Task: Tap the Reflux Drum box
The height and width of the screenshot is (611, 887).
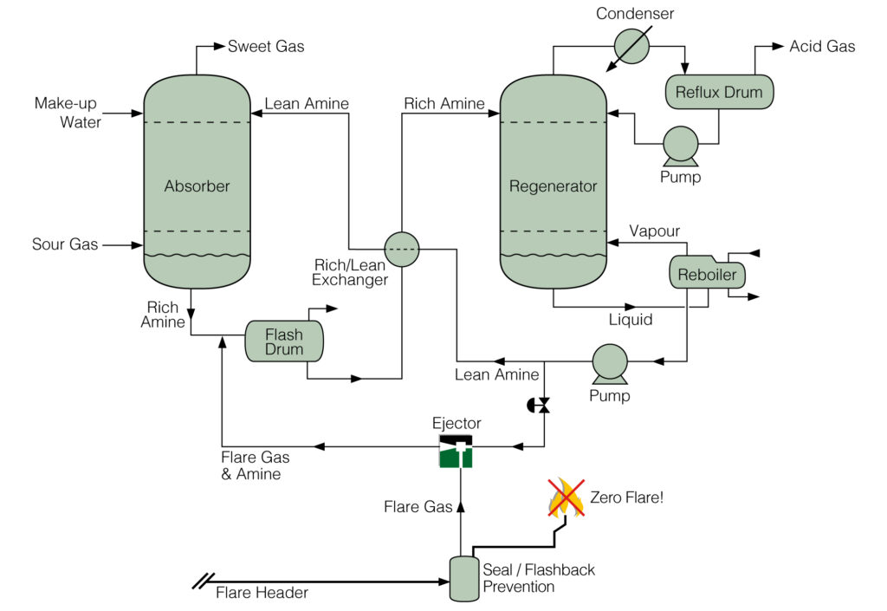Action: coord(718,92)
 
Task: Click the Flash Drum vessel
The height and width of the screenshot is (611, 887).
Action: coord(284,341)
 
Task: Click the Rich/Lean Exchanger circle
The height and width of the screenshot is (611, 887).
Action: coord(400,249)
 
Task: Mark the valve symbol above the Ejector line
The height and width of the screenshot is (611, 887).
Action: coord(542,405)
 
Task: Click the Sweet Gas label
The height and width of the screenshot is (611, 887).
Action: coord(266,46)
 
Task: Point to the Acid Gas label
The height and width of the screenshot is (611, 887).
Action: coord(821,46)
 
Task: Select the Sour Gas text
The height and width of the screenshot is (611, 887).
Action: coord(65,244)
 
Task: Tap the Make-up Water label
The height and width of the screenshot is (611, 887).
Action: coord(68,113)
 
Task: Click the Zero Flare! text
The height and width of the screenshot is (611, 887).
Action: coord(626,497)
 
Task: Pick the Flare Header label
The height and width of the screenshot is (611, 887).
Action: coord(262,593)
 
